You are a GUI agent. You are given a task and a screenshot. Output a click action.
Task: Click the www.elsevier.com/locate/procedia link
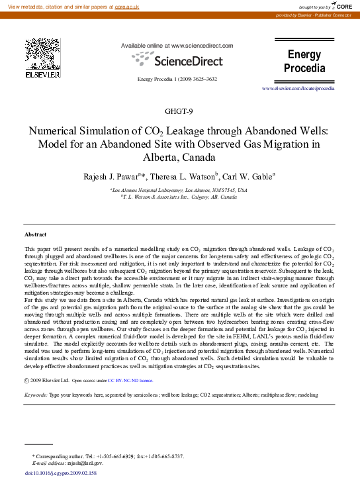coord(312,87)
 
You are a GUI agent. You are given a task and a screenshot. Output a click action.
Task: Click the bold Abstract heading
coord(35,235)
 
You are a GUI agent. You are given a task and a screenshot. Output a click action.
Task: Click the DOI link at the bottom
coord(60,473)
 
